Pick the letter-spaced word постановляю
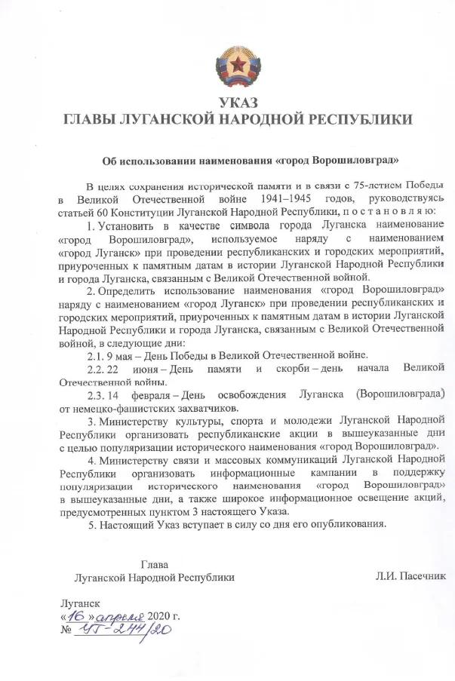389,212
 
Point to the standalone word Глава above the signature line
154,563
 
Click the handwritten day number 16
73,615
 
